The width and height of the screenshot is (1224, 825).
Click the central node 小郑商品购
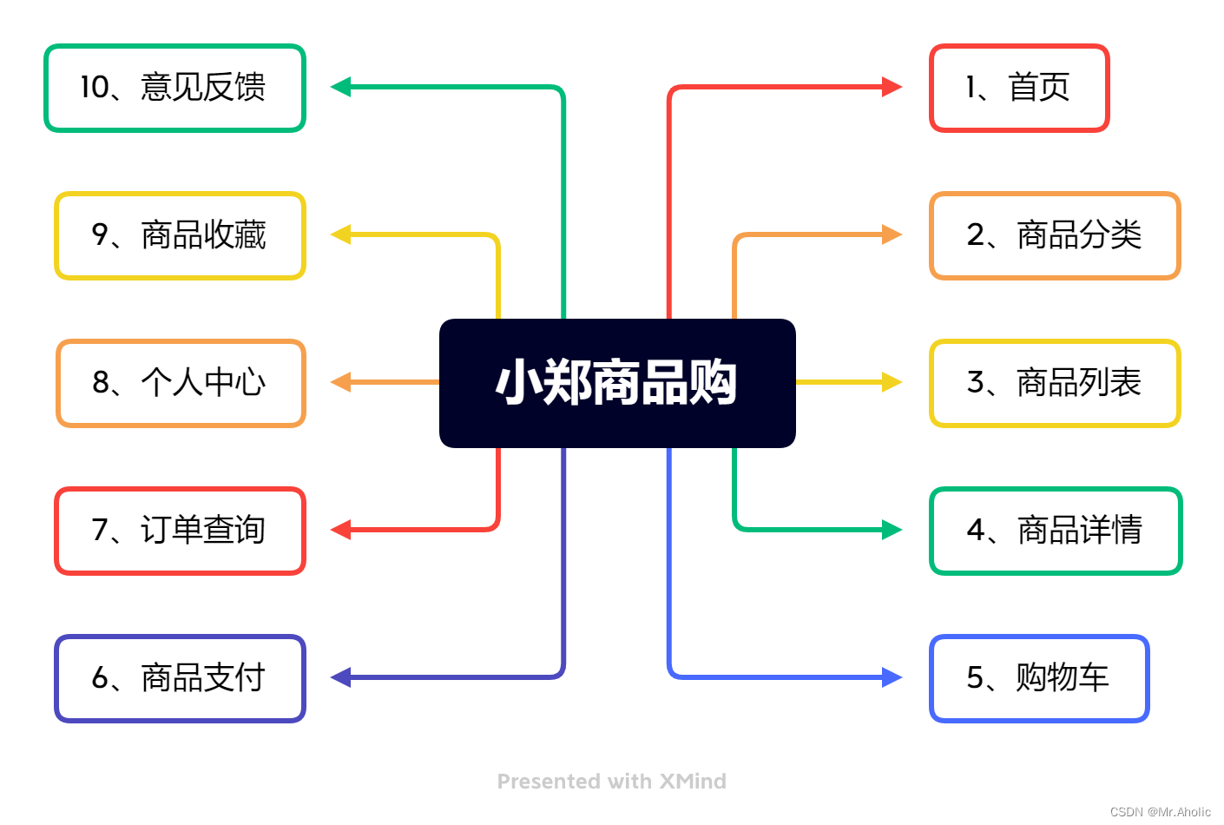617,383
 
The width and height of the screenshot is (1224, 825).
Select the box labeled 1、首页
1019,88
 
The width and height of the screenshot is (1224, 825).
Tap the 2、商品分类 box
1055,235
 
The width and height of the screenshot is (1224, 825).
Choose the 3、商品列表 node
1055,383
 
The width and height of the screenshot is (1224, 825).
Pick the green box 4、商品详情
1056,531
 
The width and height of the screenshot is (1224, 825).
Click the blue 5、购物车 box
1039,678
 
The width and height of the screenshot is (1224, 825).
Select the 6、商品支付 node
180,678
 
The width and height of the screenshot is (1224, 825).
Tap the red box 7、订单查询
180,531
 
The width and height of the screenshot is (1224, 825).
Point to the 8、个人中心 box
181,383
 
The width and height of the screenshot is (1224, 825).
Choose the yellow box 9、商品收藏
180,235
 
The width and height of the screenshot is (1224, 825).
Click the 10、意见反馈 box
174,88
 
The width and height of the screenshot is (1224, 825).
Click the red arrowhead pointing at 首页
892,87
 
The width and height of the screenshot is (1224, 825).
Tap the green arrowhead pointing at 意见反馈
341,87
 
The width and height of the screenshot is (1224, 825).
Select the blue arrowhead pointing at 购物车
892,677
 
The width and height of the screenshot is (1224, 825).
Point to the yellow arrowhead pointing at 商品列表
892,382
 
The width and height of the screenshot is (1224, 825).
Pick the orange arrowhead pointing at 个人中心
341,382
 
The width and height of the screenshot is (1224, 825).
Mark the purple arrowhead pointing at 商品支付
341,677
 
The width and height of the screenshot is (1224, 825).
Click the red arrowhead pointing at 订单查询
341,530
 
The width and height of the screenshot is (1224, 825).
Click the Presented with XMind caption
612,782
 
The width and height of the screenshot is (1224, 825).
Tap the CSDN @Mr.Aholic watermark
1160,812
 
